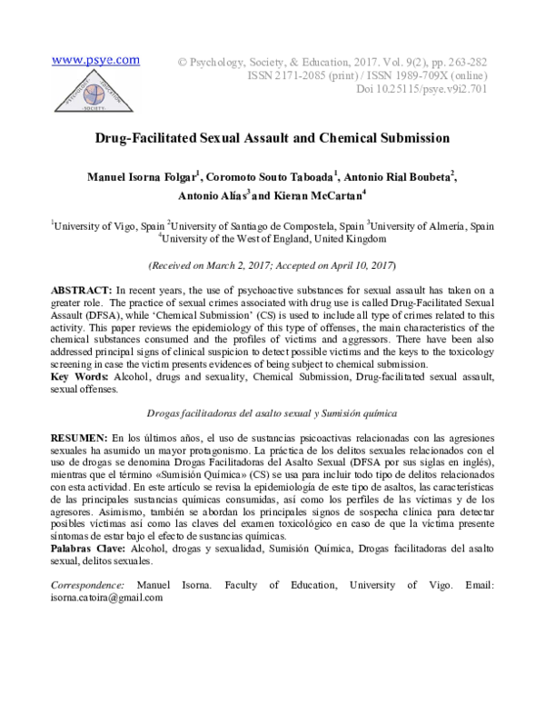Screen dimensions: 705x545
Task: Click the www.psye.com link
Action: [x=95, y=61]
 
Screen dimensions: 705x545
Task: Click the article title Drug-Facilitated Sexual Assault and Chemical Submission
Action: [x=273, y=139]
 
